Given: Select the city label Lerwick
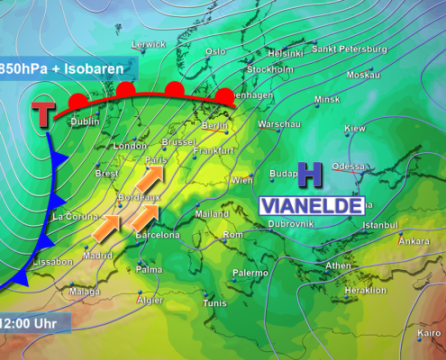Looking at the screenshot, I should (149, 44).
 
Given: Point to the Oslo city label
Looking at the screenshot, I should (215, 51).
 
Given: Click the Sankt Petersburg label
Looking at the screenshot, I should (349, 48).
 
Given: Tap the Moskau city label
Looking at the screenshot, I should (363, 75).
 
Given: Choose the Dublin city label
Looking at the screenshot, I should (85, 121).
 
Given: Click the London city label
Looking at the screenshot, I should (130, 146).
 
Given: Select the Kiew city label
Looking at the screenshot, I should (355, 129).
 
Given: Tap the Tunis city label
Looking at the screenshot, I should (215, 303).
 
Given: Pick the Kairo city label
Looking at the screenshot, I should (430, 333).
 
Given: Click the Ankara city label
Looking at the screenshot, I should (414, 241).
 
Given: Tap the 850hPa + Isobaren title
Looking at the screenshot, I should (63, 67).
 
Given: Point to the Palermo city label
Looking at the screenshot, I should (250, 273).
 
